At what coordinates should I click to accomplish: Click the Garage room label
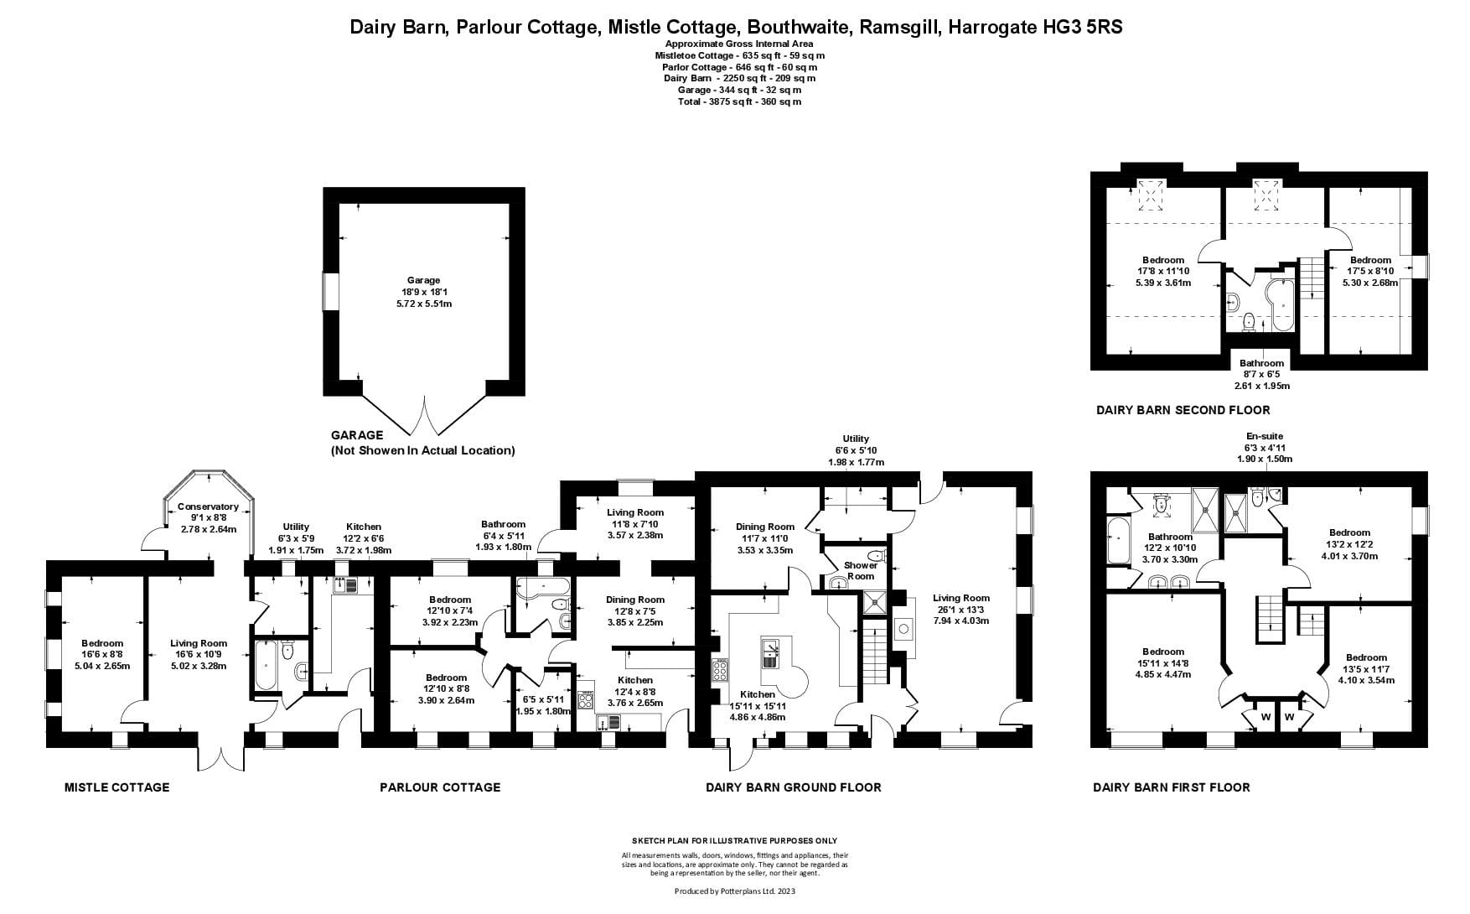[x=423, y=280]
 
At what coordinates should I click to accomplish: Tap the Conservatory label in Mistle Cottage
[x=208, y=506]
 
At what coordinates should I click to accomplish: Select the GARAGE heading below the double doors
[x=357, y=435]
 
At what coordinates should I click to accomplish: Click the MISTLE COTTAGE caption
[x=116, y=787]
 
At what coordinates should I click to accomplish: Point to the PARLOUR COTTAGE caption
[x=440, y=787]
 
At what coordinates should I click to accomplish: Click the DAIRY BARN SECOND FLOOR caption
[x=1183, y=410]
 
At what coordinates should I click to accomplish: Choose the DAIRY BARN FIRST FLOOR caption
[x=1171, y=787]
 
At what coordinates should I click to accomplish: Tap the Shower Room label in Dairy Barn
[x=860, y=570]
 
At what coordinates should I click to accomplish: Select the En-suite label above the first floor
[x=1265, y=436]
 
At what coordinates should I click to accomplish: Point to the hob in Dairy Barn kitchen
[x=720, y=671]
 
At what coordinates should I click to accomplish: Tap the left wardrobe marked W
[x=1265, y=717]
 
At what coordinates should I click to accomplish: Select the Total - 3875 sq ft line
[x=738, y=101]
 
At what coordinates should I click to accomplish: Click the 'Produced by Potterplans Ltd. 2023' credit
[x=734, y=891]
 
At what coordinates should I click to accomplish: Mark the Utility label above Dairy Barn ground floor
[x=856, y=439]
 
